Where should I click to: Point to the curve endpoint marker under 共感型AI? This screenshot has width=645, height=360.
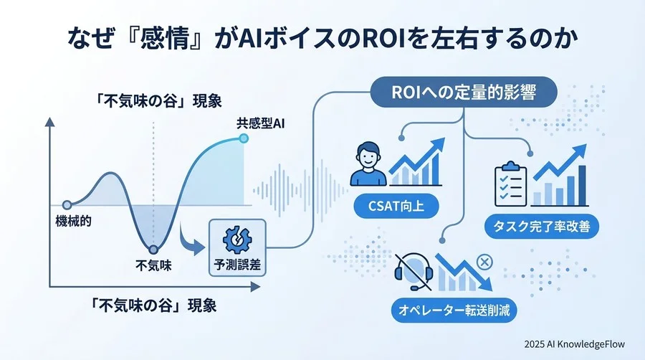point(244,138)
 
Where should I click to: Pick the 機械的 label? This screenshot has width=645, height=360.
point(73,220)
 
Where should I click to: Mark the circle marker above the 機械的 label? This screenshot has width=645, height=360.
point(67,204)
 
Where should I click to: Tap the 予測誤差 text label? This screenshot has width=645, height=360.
point(236,264)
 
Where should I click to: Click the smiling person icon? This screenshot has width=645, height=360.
point(368,165)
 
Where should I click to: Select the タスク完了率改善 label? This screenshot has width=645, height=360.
point(543,228)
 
